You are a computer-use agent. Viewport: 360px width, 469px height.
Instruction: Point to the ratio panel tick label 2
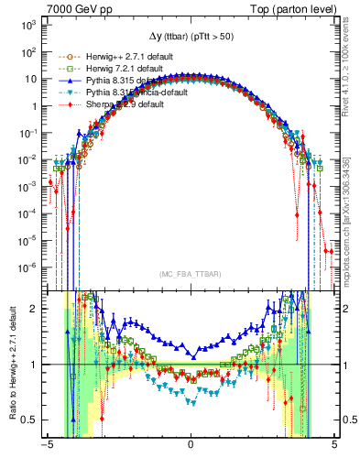pyautogui.click(x=34, y=309)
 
